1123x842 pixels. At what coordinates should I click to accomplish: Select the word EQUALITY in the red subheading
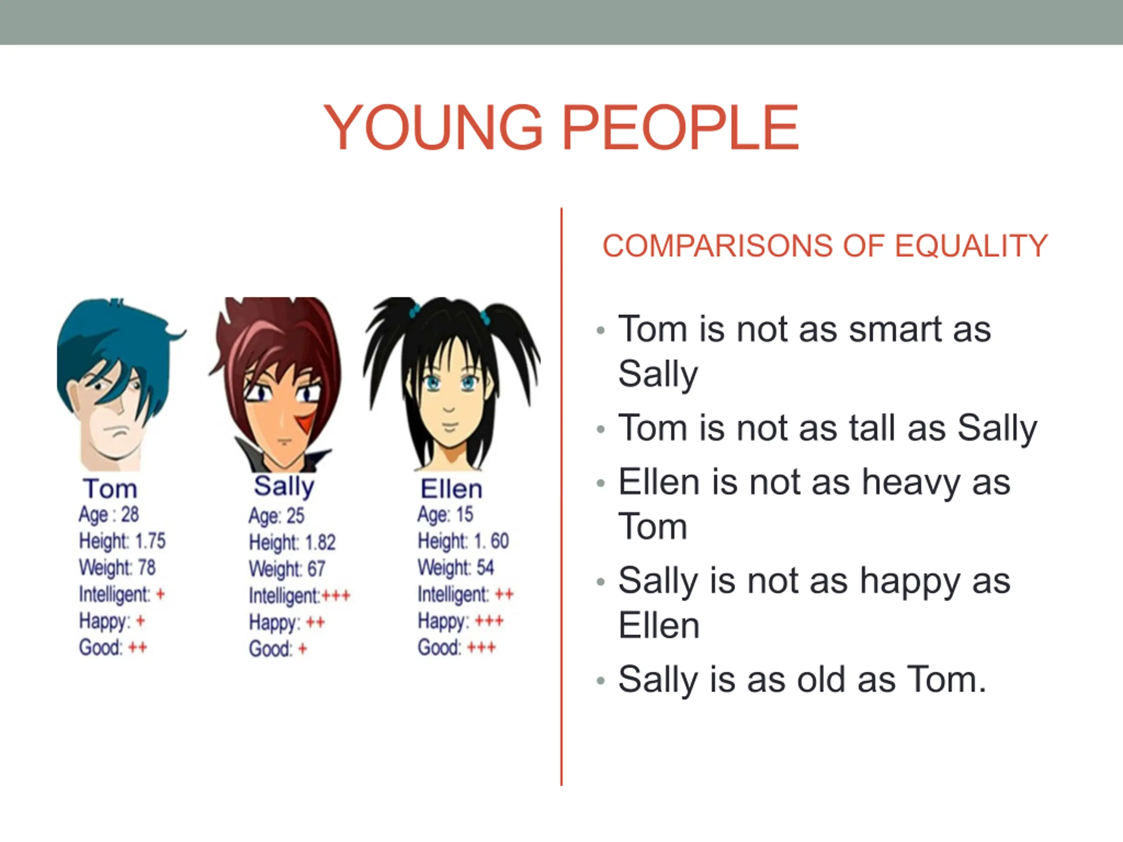pos(971,246)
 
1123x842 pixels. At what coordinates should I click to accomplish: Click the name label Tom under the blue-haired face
pos(110,489)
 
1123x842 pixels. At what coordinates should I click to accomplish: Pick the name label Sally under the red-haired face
pos(284,487)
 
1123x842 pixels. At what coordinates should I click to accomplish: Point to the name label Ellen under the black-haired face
pos(451,489)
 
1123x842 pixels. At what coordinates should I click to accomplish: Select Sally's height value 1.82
pos(320,542)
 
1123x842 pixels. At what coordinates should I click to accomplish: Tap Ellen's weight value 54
pos(485,567)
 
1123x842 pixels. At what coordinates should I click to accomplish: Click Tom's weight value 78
pos(147,567)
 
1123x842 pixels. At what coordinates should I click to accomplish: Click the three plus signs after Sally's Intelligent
pos(336,596)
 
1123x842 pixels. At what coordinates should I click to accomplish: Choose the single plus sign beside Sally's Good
pos(303,649)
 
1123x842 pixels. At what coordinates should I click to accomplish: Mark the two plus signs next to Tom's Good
pos(138,648)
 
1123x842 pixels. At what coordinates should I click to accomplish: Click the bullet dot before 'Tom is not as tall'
pos(601,430)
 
